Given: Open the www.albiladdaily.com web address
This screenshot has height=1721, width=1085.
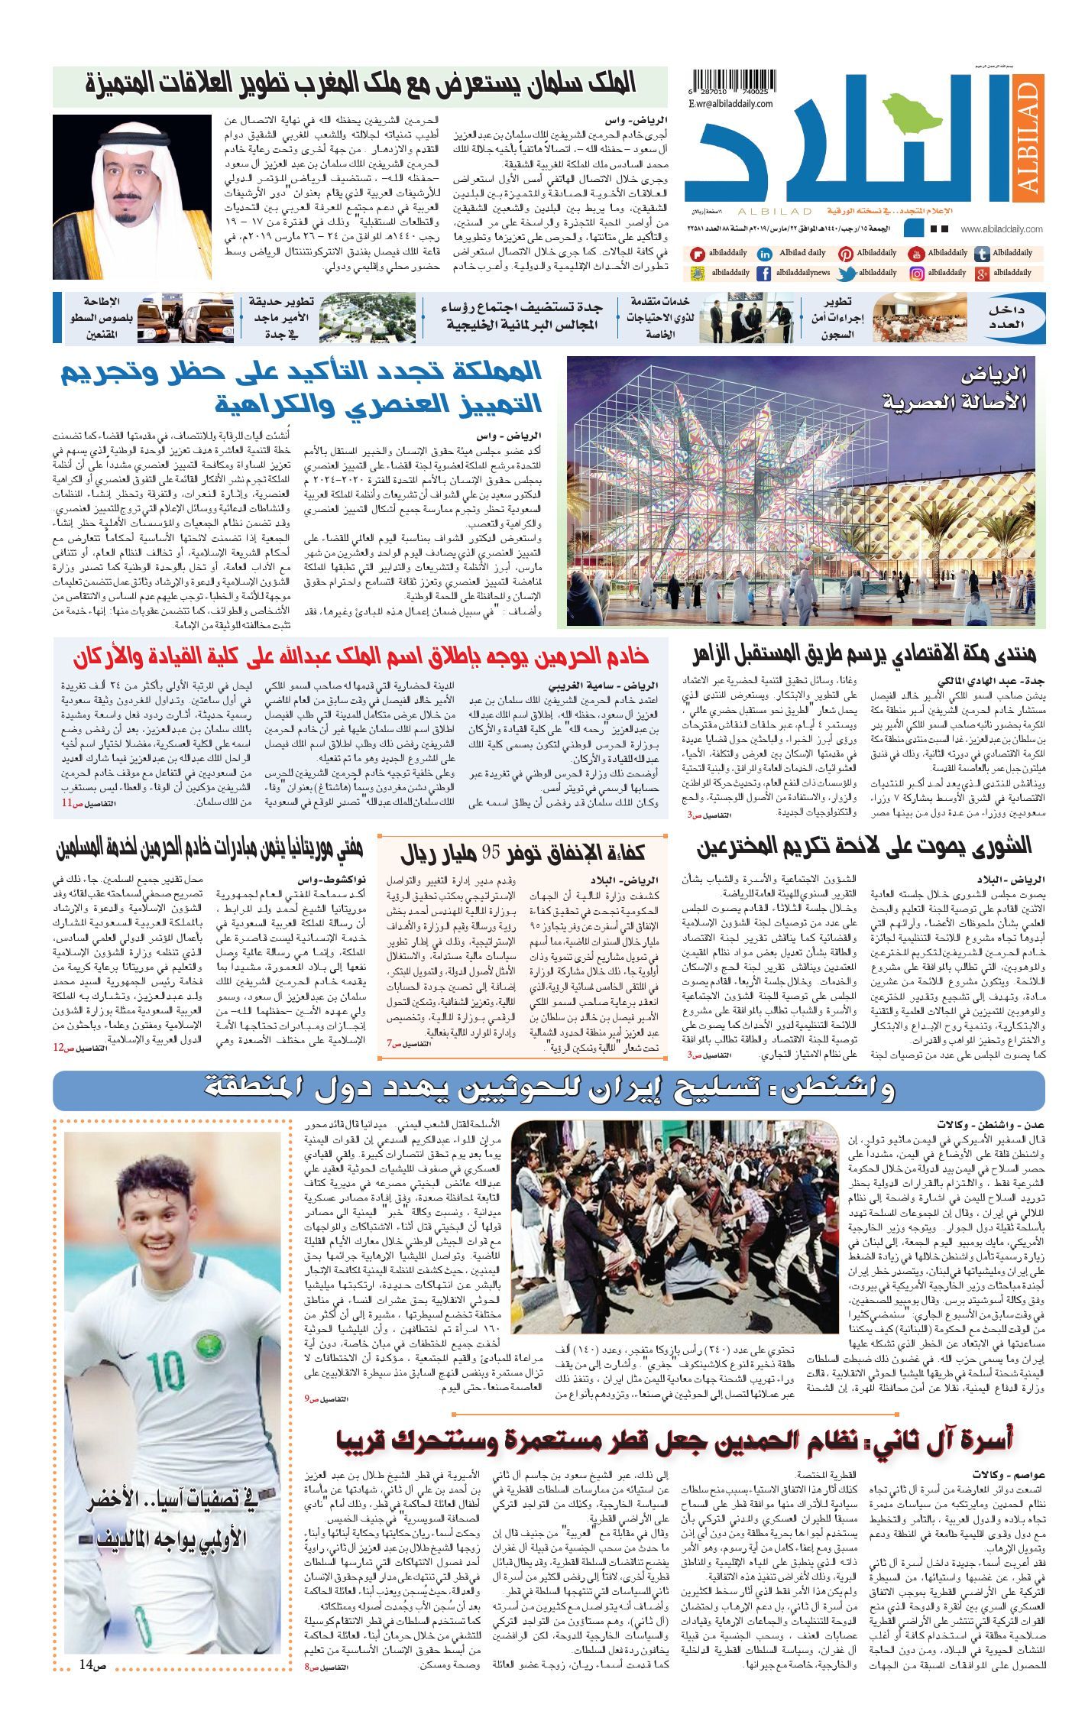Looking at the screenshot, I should click(1002, 229).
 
